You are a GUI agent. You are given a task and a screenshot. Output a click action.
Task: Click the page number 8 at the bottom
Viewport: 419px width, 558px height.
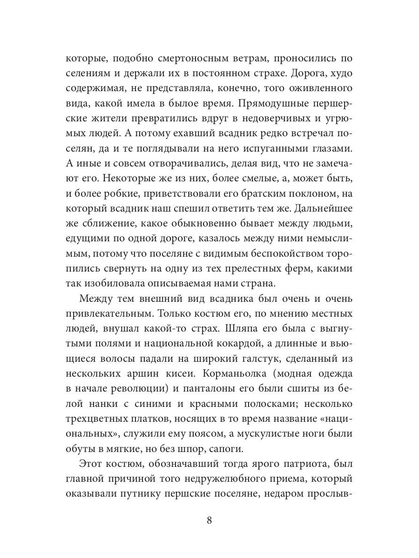[x=209, y=520]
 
